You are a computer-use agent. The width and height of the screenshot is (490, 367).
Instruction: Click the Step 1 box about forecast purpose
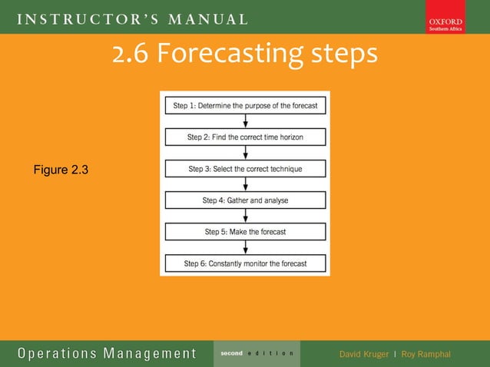point(245,105)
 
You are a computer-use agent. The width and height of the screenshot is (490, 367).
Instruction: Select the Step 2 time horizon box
point(245,137)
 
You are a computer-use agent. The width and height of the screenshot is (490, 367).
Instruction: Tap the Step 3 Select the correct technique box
point(245,168)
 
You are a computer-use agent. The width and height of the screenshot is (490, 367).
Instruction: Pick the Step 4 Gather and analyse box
point(245,200)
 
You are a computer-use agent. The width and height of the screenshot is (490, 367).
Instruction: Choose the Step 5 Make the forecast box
point(245,231)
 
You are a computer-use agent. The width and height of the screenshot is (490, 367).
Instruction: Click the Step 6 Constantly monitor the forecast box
point(245,263)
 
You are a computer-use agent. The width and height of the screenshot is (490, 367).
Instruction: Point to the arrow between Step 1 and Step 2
point(245,121)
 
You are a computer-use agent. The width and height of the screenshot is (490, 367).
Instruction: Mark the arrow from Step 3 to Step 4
point(245,184)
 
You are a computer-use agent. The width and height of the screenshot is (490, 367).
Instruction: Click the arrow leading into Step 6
point(245,247)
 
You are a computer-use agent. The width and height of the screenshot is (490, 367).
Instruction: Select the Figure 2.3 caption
point(61,170)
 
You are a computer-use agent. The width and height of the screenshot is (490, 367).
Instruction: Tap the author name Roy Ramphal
point(425,354)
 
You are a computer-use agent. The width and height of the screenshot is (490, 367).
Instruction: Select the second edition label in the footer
point(257,353)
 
